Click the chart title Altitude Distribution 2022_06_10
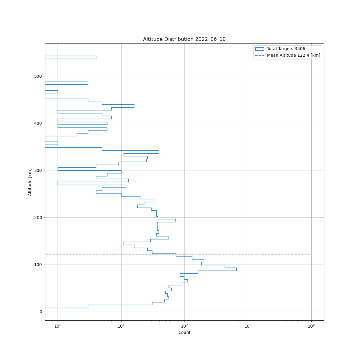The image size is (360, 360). coord(184,39)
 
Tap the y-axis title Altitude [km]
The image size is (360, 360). coord(30,182)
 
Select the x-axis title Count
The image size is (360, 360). coord(184,332)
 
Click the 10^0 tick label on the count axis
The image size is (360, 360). coord(58,326)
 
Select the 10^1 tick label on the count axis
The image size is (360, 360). coord(121,326)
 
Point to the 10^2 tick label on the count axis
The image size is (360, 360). coord(184,326)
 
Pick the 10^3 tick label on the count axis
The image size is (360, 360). coord(248,326)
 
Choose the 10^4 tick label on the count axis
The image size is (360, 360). coord(311,326)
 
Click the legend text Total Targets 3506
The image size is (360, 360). coord(286,49)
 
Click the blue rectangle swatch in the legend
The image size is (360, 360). coord(259,49)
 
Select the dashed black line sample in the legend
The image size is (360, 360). coord(259,55)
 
